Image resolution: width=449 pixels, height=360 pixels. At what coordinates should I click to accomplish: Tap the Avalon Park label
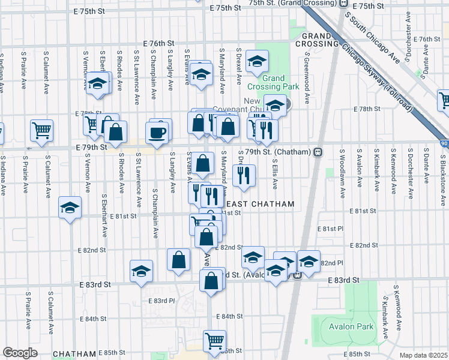pyautogui.click(x=351, y=327)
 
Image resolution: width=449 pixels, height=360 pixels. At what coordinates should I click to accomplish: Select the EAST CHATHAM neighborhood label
pyautogui.click(x=259, y=204)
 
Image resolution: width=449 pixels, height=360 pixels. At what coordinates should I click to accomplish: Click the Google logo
pyautogui.click(x=20, y=353)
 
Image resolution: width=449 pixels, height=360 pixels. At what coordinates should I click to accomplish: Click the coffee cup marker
pyautogui.click(x=157, y=132)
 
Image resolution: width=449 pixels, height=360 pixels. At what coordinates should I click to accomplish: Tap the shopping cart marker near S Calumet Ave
pyautogui.click(x=41, y=130)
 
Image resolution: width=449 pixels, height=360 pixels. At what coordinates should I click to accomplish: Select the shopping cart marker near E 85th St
pyautogui.click(x=214, y=341)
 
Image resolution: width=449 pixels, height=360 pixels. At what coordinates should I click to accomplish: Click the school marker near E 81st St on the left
pyautogui.click(x=70, y=208)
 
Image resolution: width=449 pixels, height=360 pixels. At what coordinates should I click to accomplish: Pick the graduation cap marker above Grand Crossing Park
pyautogui.click(x=257, y=61)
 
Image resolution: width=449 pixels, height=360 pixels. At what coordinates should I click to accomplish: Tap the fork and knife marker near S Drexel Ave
pyautogui.click(x=243, y=175)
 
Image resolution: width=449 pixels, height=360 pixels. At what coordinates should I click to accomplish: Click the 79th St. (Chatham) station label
pyautogui.click(x=279, y=152)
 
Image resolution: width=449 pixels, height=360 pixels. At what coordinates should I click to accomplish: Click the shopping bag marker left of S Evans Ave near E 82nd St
pyautogui.click(x=179, y=259)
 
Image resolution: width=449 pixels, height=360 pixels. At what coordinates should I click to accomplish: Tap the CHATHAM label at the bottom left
pyautogui.click(x=74, y=354)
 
